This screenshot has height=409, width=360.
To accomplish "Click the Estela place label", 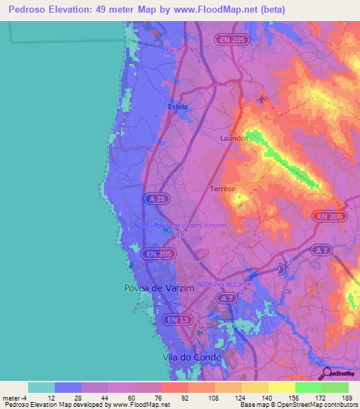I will (178, 107).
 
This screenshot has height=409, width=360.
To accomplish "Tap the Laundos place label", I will (234, 138).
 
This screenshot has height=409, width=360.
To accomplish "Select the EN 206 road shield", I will (329, 216).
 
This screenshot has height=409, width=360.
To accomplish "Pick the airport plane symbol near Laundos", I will (262, 100).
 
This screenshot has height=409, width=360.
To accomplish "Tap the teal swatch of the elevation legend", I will (41, 387).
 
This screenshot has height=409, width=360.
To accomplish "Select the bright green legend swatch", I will (308, 387).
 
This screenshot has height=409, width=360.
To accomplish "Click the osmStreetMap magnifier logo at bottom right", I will (326, 372).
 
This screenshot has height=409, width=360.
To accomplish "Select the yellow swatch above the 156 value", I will (281, 387).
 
